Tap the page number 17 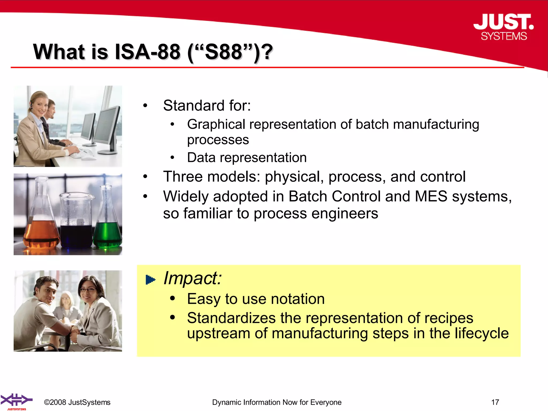[x=495, y=402]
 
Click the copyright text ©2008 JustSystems [x=77, y=402]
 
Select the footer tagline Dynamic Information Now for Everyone [x=277, y=402]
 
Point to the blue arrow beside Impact [x=150, y=280]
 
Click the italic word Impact [x=192, y=278]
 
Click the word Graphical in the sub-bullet [x=216, y=124]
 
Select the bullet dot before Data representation [x=173, y=158]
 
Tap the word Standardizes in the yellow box [x=231, y=318]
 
